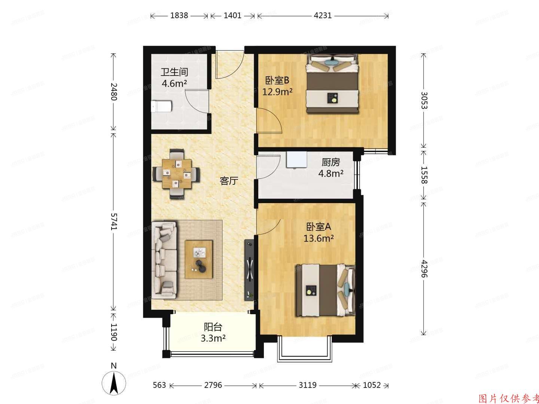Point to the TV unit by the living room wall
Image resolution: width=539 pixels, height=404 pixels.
pyautogui.click(x=250, y=269)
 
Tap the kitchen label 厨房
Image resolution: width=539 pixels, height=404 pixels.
pyautogui.click(x=331, y=162)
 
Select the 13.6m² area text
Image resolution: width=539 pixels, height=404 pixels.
pyautogui.click(x=319, y=238)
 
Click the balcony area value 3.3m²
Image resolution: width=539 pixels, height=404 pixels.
pyautogui.click(x=213, y=339)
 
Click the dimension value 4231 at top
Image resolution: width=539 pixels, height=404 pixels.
pyautogui.click(x=323, y=16)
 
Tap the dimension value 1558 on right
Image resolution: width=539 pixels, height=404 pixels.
pyautogui.click(x=424, y=174)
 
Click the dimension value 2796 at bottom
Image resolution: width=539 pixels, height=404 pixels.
pyautogui.click(x=214, y=385)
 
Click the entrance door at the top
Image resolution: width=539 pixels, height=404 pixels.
pyautogui.click(x=230, y=67)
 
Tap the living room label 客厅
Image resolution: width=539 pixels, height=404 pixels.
pyautogui.click(x=229, y=181)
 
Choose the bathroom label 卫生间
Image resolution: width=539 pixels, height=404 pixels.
pyautogui.click(x=174, y=72)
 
